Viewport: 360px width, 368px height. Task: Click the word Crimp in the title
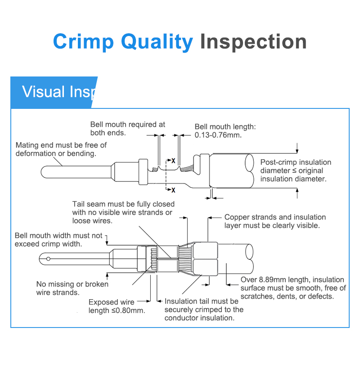[83, 42]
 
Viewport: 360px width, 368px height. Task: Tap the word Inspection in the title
[253, 42]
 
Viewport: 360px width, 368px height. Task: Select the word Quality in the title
[157, 42]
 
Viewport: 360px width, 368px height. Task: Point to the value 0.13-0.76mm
[218, 135]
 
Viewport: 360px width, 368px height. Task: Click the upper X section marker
[173, 160]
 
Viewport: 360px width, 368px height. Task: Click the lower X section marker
[173, 190]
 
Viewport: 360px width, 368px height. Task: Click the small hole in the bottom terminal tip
[48, 258]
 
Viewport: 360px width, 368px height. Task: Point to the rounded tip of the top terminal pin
[44, 172]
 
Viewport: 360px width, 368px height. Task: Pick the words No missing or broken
[72, 284]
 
